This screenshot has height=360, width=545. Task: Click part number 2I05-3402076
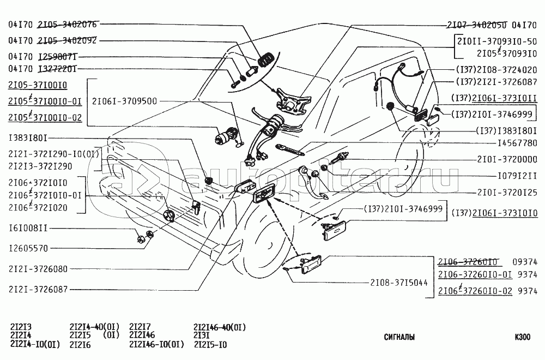(68, 25)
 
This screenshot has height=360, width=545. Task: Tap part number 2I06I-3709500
(124, 101)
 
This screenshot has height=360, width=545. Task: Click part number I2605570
(29, 248)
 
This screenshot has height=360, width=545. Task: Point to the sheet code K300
(521, 337)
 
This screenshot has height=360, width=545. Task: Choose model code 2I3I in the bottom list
(202, 336)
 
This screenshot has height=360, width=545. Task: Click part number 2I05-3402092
(68, 41)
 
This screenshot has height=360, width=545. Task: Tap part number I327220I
(57, 69)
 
